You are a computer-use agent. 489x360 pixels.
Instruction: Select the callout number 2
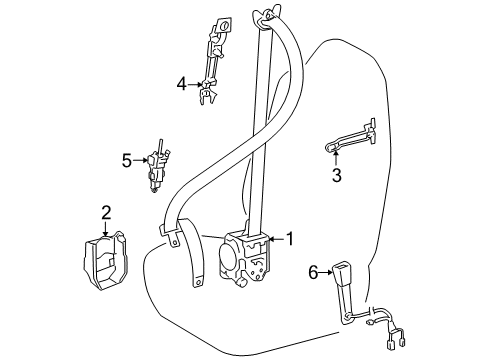tap(106, 211)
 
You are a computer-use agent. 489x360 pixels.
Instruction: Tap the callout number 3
tap(337, 176)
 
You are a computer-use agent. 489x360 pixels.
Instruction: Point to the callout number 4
tap(182, 84)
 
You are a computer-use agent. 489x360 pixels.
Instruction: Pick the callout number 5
tap(127, 158)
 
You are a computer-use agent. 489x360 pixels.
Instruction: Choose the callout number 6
tap(314, 272)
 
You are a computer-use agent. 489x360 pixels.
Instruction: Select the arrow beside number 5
tap(142, 158)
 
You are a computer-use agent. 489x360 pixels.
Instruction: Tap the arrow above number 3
tap(337, 155)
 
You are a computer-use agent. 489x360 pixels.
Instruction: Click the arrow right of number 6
tap(328, 272)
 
